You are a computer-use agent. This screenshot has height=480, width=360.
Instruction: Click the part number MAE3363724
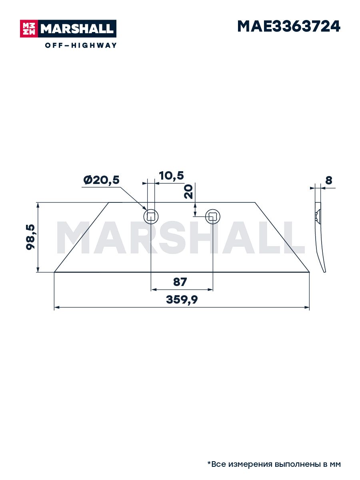pyautogui.click(x=288, y=26)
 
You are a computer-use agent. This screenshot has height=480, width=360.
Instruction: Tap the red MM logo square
pyautogui.click(x=29, y=29)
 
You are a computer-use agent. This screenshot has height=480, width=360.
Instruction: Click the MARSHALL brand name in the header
pyautogui.click(x=77, y=29)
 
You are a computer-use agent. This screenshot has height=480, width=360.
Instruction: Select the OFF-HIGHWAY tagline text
pyautogui.click(x=81, y=45)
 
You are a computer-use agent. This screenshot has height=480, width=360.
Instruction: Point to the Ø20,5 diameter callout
pyautogui.click(x=102, y=180)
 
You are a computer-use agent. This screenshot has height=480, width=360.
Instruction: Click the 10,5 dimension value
pyautogui.click(x=171, y=176)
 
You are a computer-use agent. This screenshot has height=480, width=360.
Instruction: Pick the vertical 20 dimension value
pyautogui.click(x=188, y=192)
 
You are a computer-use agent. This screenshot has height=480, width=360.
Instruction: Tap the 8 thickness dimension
pyautogui.click(x=328, y=180)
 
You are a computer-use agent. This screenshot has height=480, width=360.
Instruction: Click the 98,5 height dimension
pyautogui.click(x=30, y=237)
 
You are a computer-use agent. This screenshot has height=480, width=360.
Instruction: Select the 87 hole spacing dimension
pyautogui.click(x=180, y=282)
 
